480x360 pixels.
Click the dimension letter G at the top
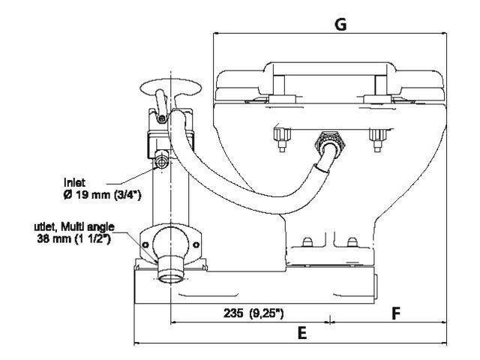(340, 24)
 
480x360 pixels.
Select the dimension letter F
(395, 313)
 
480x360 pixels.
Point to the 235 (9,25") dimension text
(253, 314)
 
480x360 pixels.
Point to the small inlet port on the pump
(162, 160)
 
